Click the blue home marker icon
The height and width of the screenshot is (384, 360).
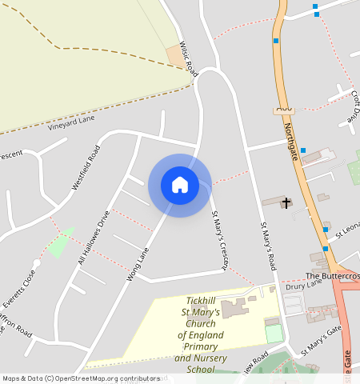pyautogui.click(x=180, y=185)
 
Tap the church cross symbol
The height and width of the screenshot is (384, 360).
pyautogui.click(x=286, y=203)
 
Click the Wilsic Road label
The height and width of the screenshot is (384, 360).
pyautogui.click(x=189, y=59)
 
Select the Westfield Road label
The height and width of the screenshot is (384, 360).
pyautogui.click(x=86, y=166)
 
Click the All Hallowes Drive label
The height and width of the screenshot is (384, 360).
pyautogui.click(x=93, y=237)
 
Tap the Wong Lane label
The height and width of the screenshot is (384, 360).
pyautogui.click(x=138, y=264)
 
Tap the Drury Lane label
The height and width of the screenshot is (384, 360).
pyautogui.click(x=303, y=283)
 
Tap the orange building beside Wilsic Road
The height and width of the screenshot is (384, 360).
pyautogui.click(x=174, y=55)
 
